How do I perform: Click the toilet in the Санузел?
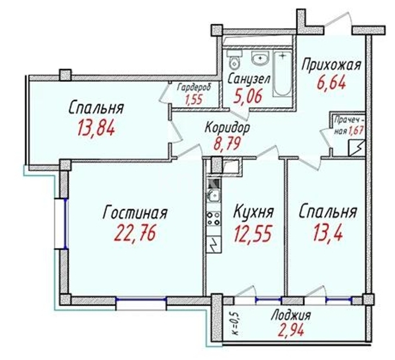[235, 60]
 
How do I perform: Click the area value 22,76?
[135, 233]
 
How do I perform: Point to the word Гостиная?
[135, 213]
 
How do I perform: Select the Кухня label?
[254, 212]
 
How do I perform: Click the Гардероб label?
[194, 88]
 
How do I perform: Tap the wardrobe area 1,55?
[194, 99]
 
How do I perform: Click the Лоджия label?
[291, 315]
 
